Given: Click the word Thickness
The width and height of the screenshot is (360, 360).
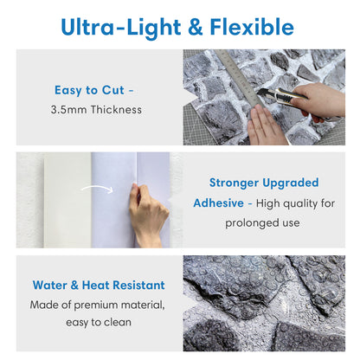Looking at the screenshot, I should click(x=117, y=110).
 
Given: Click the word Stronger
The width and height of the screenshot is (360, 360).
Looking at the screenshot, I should click(x=235, y=183).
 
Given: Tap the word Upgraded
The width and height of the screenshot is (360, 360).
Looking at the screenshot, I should click(x=292, y=183).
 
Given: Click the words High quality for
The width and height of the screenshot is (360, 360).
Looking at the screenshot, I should click(x=295, y=202).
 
